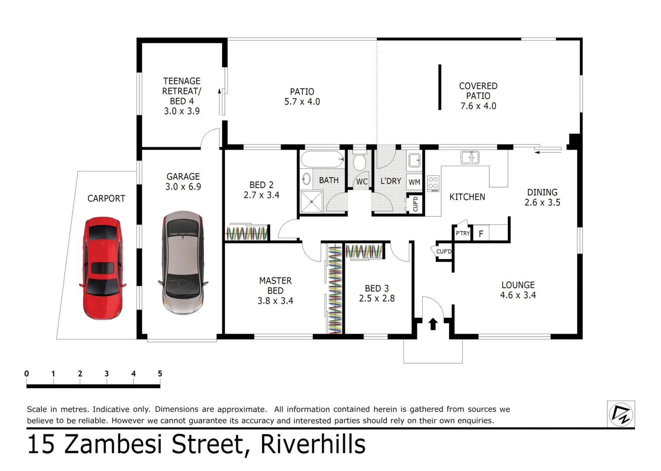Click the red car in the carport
103,268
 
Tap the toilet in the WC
360,162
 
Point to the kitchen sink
470,157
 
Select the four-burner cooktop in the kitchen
433,183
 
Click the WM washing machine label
414,182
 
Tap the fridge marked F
481,234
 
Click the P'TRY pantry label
462,233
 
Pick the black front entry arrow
433,324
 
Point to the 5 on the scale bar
160,374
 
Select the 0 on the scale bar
27,374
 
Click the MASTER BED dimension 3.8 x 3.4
275,301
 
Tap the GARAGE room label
183,177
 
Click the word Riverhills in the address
313,444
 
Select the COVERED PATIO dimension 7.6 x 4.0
478,106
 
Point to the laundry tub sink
414,160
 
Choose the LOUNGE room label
518,285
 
